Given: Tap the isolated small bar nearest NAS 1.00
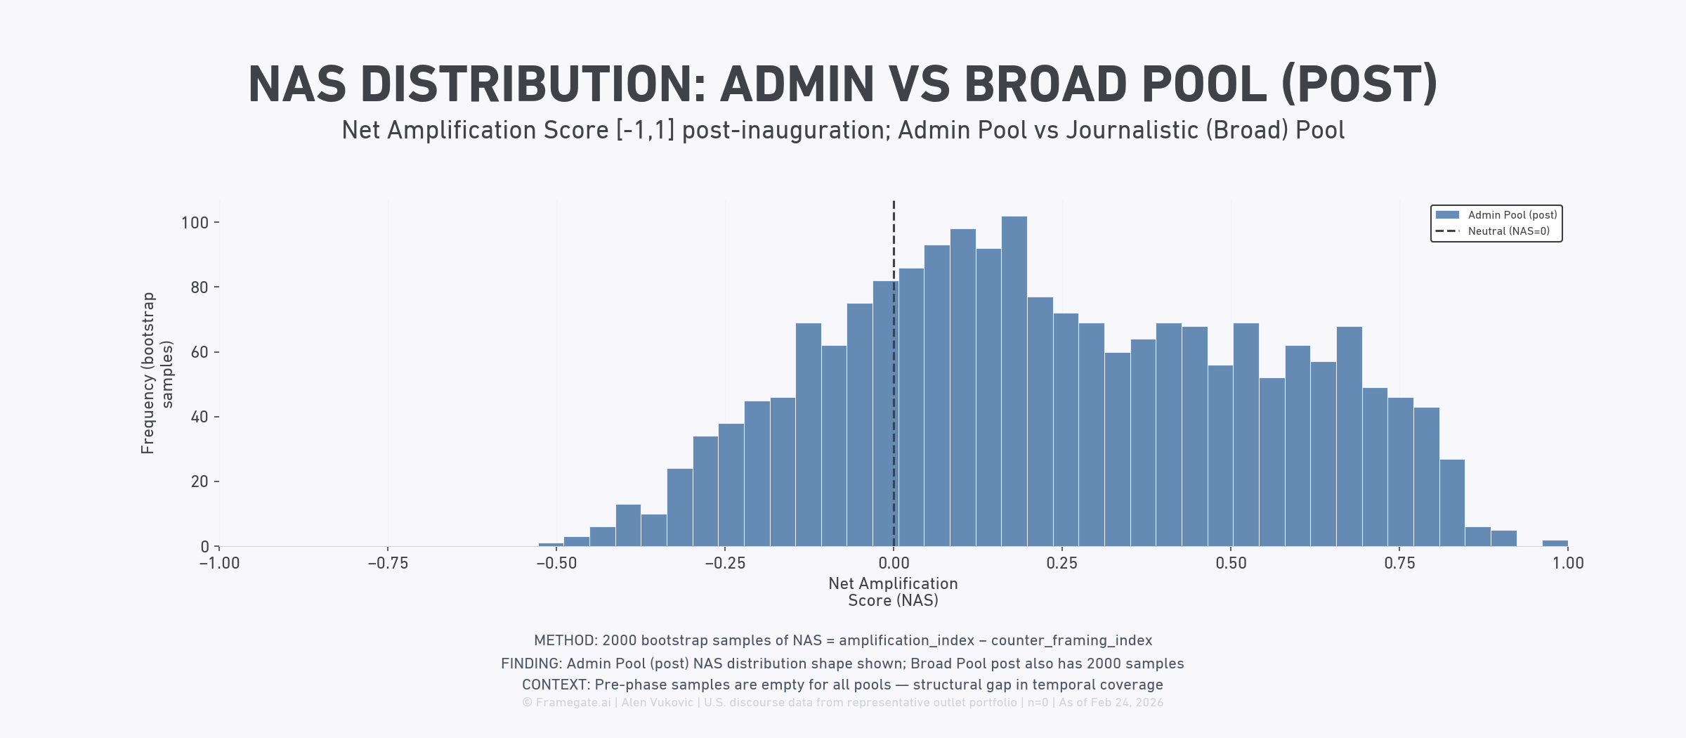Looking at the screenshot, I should coord(1555,543).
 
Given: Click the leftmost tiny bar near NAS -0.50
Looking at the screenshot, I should coord(551,544).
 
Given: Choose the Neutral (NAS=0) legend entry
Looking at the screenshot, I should coord(1508,231).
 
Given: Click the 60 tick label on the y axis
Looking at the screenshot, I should coord(200,352).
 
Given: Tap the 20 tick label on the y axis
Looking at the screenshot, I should coord(200,481).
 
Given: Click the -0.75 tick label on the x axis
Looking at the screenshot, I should coord(388,563).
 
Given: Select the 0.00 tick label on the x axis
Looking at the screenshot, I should coord(894,563).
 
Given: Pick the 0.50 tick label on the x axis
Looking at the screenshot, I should coord(1231,563).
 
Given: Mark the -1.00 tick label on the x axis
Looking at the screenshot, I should coord(219,563).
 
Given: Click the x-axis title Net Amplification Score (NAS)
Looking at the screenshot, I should coord(893,592).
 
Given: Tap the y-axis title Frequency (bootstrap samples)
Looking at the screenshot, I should coord(157,373).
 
